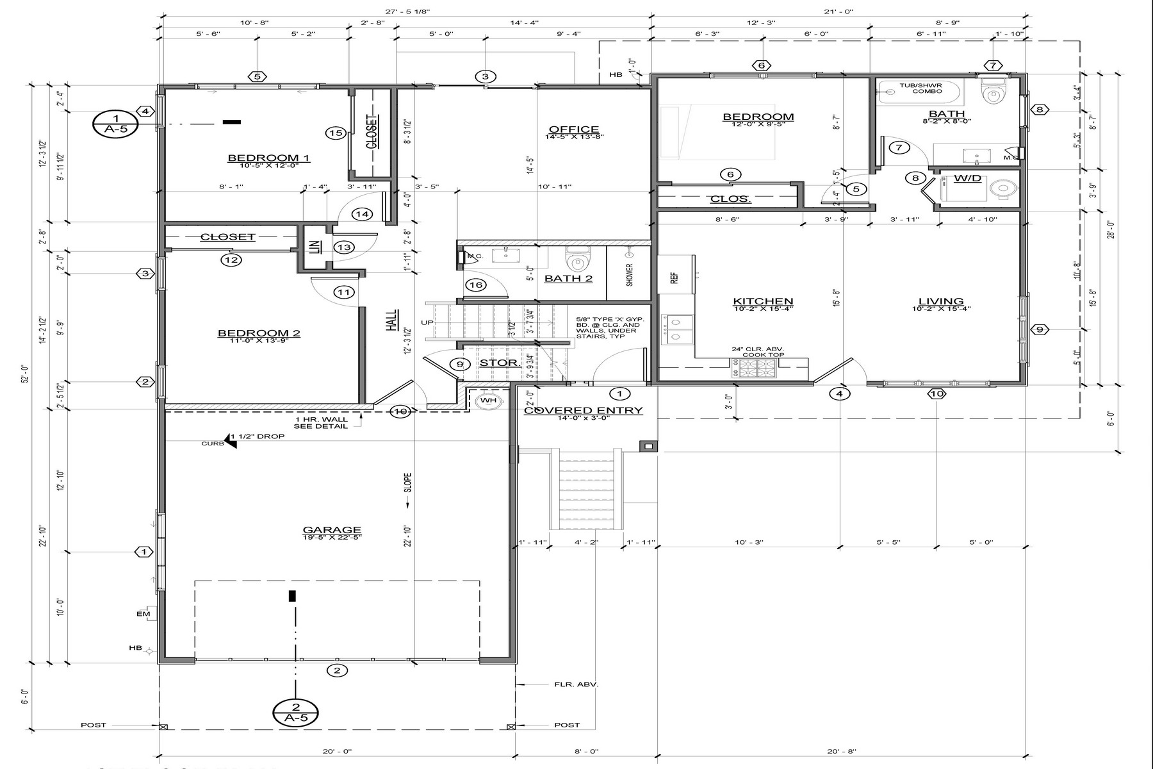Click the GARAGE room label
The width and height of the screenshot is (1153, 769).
332,530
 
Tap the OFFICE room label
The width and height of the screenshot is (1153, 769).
574,129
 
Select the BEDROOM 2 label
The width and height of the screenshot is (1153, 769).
259,333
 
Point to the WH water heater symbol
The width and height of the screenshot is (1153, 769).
488,401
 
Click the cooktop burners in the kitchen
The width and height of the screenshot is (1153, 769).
758,368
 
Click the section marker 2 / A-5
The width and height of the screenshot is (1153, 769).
296,711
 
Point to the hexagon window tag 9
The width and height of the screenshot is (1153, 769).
1040,329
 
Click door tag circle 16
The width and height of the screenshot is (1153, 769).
475,285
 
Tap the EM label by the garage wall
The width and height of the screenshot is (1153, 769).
143,614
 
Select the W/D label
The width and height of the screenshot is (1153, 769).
967,178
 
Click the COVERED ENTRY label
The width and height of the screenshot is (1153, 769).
583,411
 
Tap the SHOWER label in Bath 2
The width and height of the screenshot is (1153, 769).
629,274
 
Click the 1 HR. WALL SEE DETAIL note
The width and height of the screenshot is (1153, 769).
321,422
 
